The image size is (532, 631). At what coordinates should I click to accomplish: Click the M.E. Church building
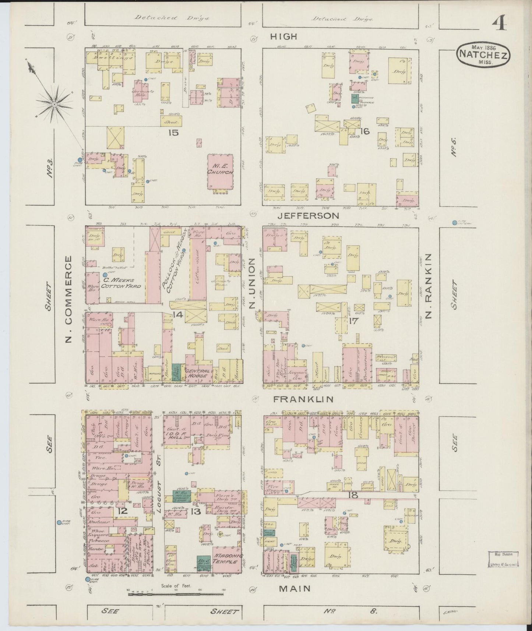click(220, 170)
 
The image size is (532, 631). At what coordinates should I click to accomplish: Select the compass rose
click(54, 105)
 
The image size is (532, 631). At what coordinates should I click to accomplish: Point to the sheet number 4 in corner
click(500, 23)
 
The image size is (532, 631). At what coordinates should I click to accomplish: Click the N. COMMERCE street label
click(69, 299)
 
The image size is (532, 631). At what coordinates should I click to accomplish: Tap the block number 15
click(173, 133)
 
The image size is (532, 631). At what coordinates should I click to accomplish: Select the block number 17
click(353, 321)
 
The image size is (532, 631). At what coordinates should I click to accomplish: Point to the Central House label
click(199, 374)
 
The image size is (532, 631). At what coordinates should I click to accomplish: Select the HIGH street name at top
click(283, 36)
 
